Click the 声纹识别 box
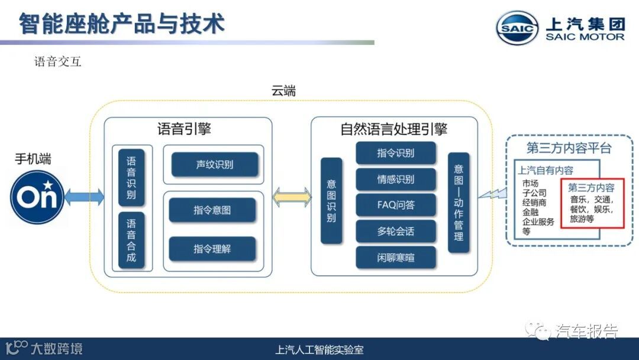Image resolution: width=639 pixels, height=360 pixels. [x=215, y=165]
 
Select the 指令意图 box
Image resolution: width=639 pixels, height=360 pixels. [x=212, y=210]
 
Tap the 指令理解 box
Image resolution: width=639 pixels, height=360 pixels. [x=212, y=249]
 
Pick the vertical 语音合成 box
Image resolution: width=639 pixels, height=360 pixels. [x=131, y=240]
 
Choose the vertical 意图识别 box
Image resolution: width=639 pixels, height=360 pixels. [x=331, y=201]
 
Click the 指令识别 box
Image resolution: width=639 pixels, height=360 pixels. [x=396, y=153]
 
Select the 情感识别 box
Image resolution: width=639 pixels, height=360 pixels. [x=396, y=179]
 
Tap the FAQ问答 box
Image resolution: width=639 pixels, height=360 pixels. [x=396, y=205]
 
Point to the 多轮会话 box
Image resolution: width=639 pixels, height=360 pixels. [x=396, y=232]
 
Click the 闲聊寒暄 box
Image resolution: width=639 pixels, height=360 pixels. [x=396, y=258]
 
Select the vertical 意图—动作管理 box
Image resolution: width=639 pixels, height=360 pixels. [x=459, y=202]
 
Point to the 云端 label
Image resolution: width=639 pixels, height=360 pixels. [x=283, y=92]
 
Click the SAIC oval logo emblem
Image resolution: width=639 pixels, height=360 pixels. [x=517, y=28]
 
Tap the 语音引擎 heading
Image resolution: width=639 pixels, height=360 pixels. [x=184, y=129]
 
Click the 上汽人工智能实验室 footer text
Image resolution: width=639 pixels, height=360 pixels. [x=320, y=350]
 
